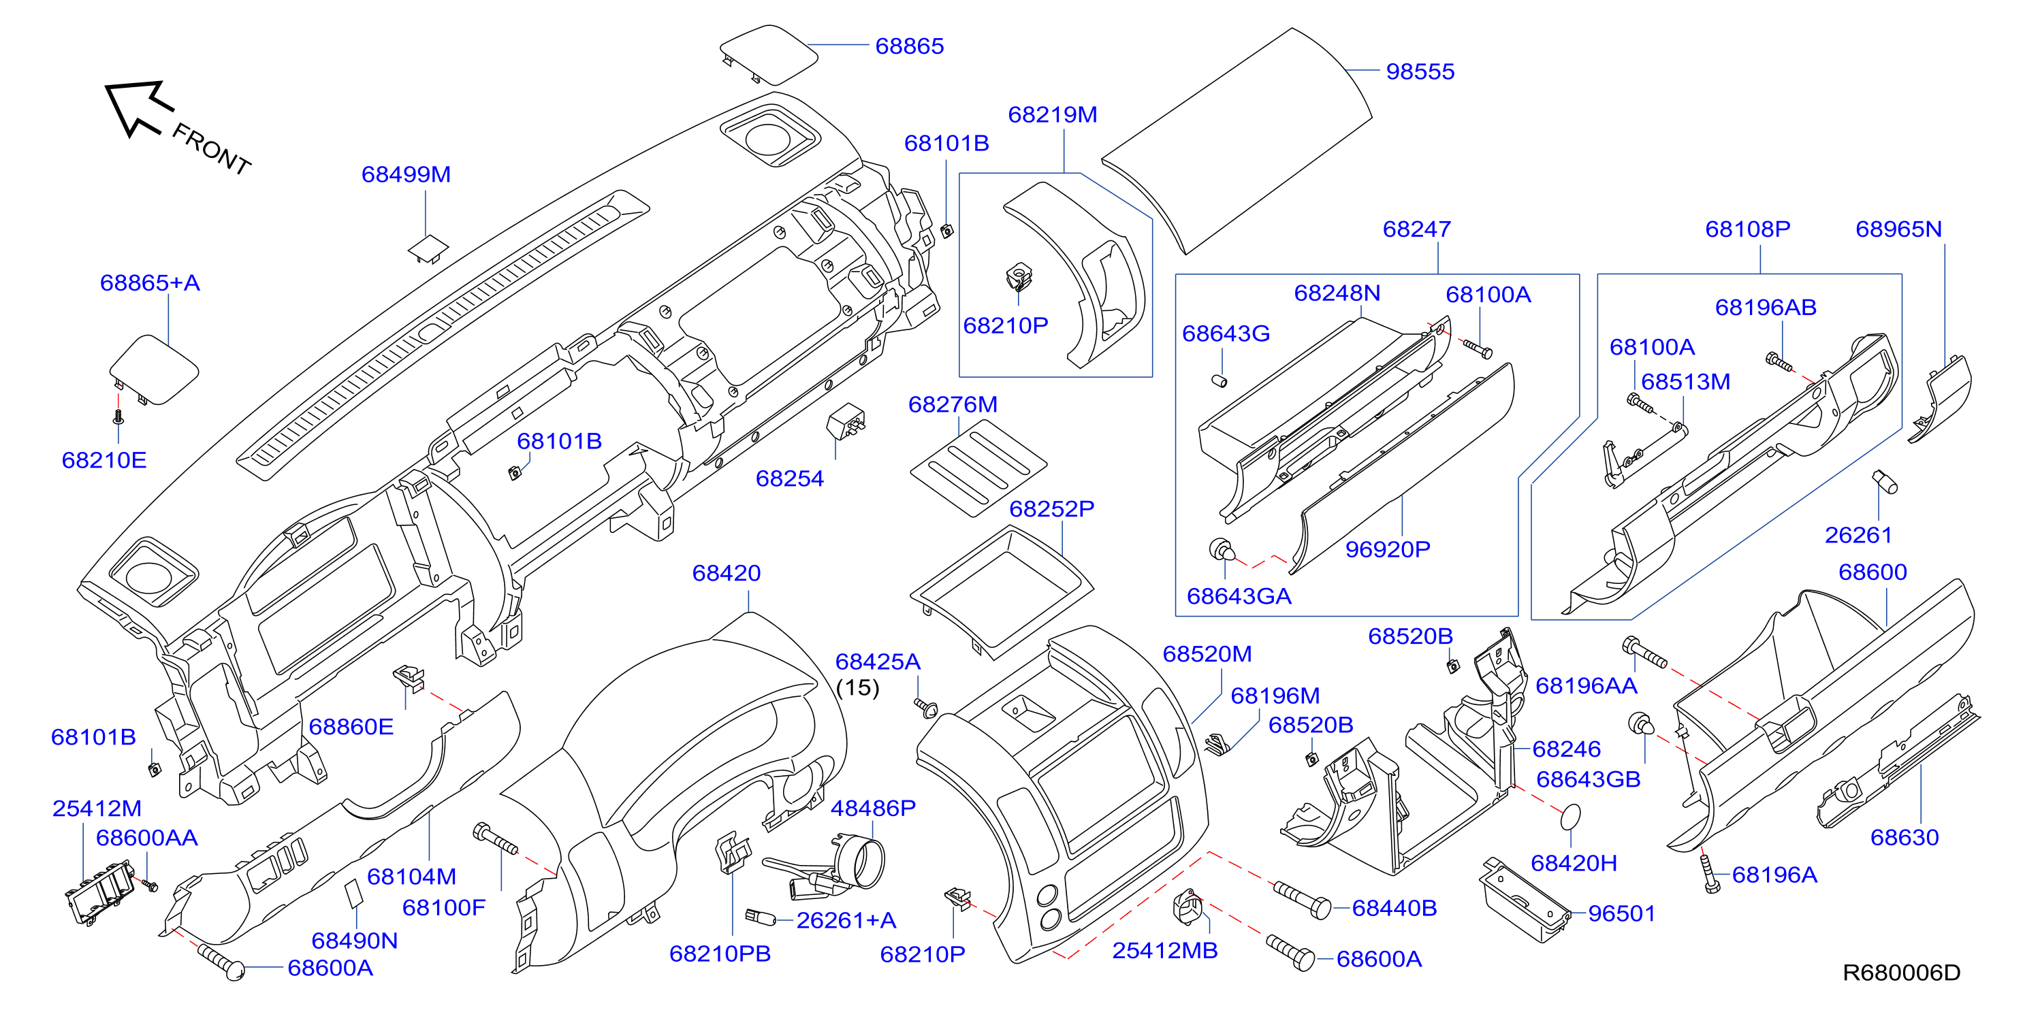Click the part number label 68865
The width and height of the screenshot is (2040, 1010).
click(909, 46)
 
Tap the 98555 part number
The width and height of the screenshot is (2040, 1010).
click(1420, 71)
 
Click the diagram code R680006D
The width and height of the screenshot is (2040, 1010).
click(1900, 972)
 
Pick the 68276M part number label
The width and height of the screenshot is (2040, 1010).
click(953, 404)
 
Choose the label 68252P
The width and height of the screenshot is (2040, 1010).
click(1052, 509)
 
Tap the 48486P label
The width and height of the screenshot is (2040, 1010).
click(873, 808)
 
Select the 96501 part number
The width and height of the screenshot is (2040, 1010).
click(1622, 913)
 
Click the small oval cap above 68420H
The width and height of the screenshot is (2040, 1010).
click(1570, 817)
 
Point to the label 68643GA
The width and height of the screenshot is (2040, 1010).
click(1239, 596)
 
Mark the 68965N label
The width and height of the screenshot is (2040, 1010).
click(1898, 229)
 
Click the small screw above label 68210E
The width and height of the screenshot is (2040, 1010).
click(118, 416)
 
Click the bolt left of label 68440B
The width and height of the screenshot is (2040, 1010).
click(1302, 900)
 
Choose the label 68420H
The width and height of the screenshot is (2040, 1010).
click(1574, 863)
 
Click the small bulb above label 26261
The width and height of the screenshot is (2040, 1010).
click(1885, 481)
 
